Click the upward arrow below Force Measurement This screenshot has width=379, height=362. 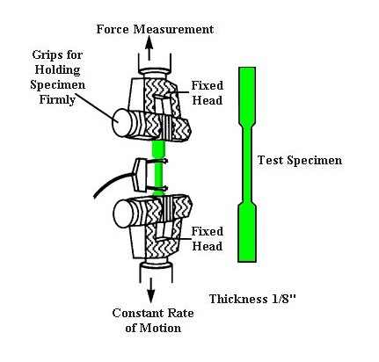point(149,48)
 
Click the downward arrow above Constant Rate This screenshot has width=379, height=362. point(150,290)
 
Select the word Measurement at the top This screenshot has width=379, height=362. point(173,29)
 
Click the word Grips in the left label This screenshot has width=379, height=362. point(45,55)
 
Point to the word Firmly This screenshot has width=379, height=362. point(57,100)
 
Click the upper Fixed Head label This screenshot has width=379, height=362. point(208,93)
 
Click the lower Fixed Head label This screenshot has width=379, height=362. point(208,238)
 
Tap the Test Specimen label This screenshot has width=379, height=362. point(300,161)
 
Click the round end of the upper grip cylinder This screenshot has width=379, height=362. point(120,123)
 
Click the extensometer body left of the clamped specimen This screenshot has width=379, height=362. point(138,175)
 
